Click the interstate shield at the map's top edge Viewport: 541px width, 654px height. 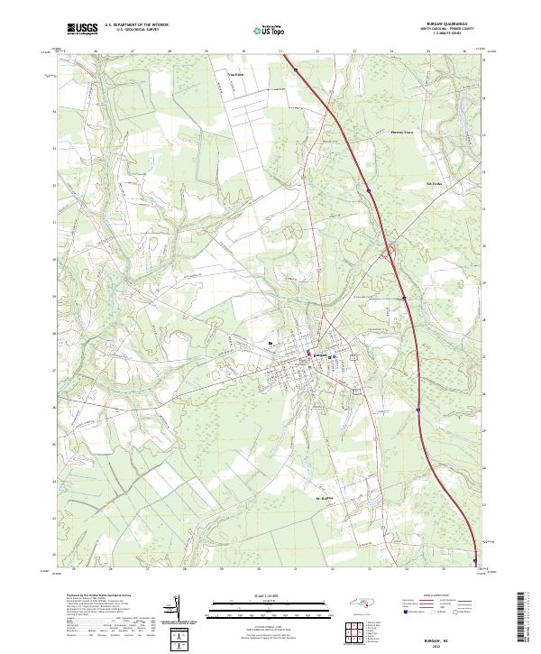tap(296, 65)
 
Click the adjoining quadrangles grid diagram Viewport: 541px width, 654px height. tap(353, 633)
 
